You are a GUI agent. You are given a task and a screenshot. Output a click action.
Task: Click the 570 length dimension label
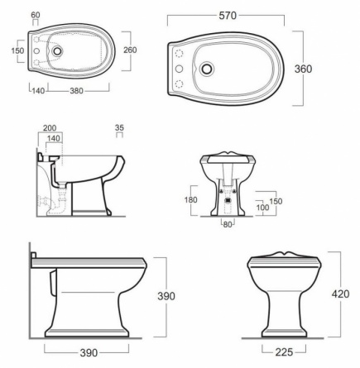click(x=228, y=16)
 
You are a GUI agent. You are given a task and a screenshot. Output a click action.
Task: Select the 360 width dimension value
click(x=303, y=69)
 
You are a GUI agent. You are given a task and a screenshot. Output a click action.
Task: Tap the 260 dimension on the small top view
click(x=130, y=50)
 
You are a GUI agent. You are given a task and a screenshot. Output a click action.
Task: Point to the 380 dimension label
click(x=76, y=91)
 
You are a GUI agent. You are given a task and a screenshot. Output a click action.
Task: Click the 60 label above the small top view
click(x=36, y=15)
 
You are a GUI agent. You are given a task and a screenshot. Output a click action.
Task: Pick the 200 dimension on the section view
click(x=50, y=128)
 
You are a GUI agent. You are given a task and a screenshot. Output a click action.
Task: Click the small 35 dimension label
click(x=119, y=128)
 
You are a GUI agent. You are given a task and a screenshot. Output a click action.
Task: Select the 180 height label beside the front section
click(x=190, y=199)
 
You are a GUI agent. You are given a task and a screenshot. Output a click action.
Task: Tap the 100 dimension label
click(x=262, y=207)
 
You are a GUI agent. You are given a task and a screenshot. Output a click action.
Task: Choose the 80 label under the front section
click(x=228, y=225)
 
